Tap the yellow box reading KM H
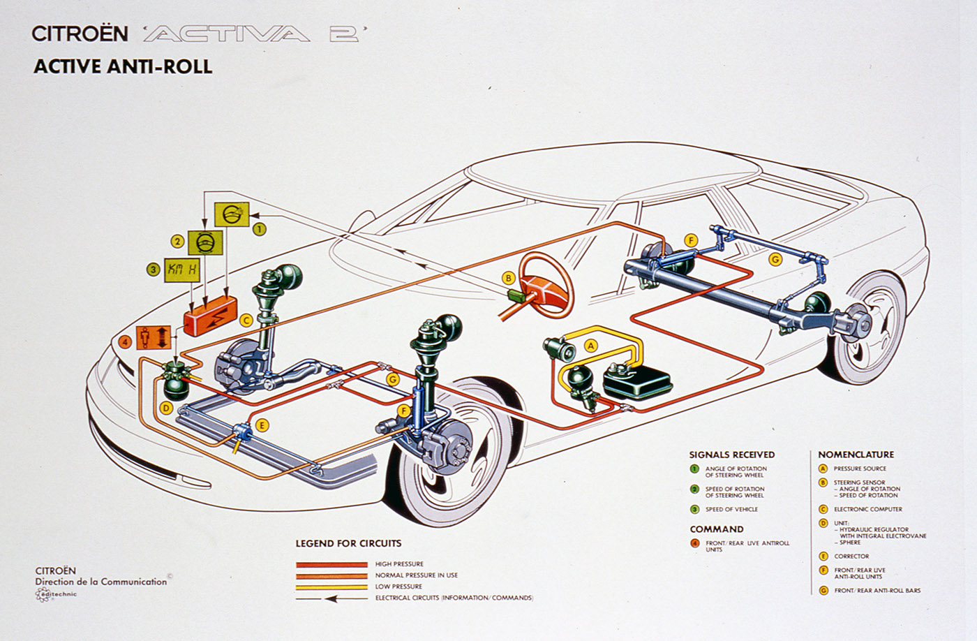[182, 270]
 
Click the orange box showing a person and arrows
[153, 338]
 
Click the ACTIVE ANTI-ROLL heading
[123, 66]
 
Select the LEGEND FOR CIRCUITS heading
[348, 543]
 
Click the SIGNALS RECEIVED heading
[731, 455]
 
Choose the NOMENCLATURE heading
[856, 455]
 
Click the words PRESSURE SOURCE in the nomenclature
[860, 469]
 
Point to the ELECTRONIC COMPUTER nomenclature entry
[868, 509]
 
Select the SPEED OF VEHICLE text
[731, 509]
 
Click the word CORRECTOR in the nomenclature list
[851, 557]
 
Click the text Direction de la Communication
[102, 582]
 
